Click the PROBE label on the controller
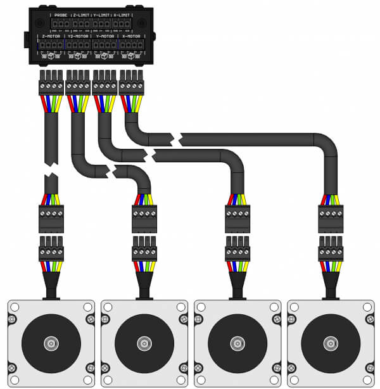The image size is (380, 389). click(61, 15)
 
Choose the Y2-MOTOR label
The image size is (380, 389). click(77, 37)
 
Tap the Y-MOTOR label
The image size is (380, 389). click(104, 37)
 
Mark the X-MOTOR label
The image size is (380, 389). click(130, 37)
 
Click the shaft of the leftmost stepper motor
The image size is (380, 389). click(51, 344)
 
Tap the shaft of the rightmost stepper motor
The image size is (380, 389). click(330, 344)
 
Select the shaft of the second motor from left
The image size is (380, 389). click(144, 344)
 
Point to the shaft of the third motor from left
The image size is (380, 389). click(237, 344)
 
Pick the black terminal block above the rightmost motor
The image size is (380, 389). click(330, 219)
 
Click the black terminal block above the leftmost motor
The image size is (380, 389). click(51, 219)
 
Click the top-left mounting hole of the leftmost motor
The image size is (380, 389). click(15, 307)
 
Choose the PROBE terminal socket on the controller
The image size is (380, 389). click(61, 24)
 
